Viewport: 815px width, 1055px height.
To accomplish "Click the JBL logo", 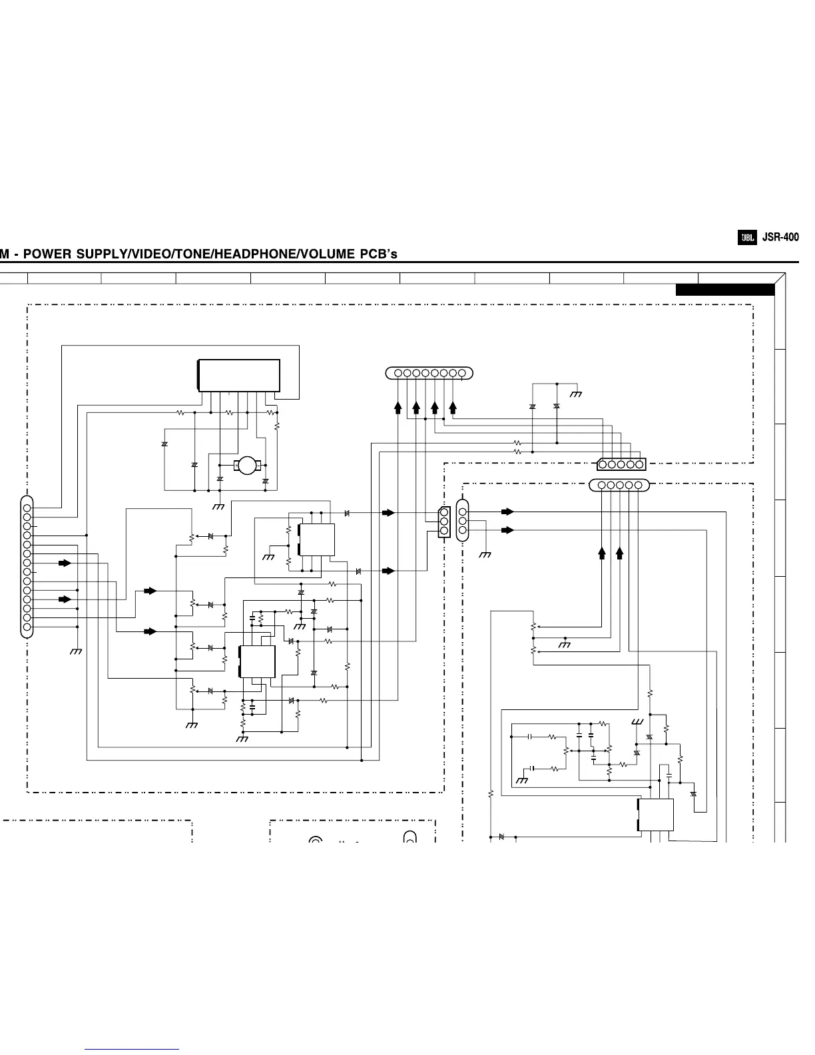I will tap(747, 238).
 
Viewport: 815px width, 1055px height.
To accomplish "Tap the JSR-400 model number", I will tap(780, 237).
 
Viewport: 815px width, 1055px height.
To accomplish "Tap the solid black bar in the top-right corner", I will tap(725, 290).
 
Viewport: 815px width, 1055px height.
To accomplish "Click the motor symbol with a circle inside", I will tap(247, 466).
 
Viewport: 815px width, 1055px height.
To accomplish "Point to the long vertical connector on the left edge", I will tap(27, 567).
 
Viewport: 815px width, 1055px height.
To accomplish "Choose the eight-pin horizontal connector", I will tap(429, 373).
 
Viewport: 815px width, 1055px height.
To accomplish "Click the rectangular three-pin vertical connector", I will tap(443, 522).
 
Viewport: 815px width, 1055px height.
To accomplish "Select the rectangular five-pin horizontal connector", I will tap(621, 464).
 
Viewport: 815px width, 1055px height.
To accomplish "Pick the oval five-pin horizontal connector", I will tap(619, 485).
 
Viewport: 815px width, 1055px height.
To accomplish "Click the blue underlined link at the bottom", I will tap(132, 1049).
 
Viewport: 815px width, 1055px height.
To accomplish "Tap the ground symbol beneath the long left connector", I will tap(75, 651).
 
